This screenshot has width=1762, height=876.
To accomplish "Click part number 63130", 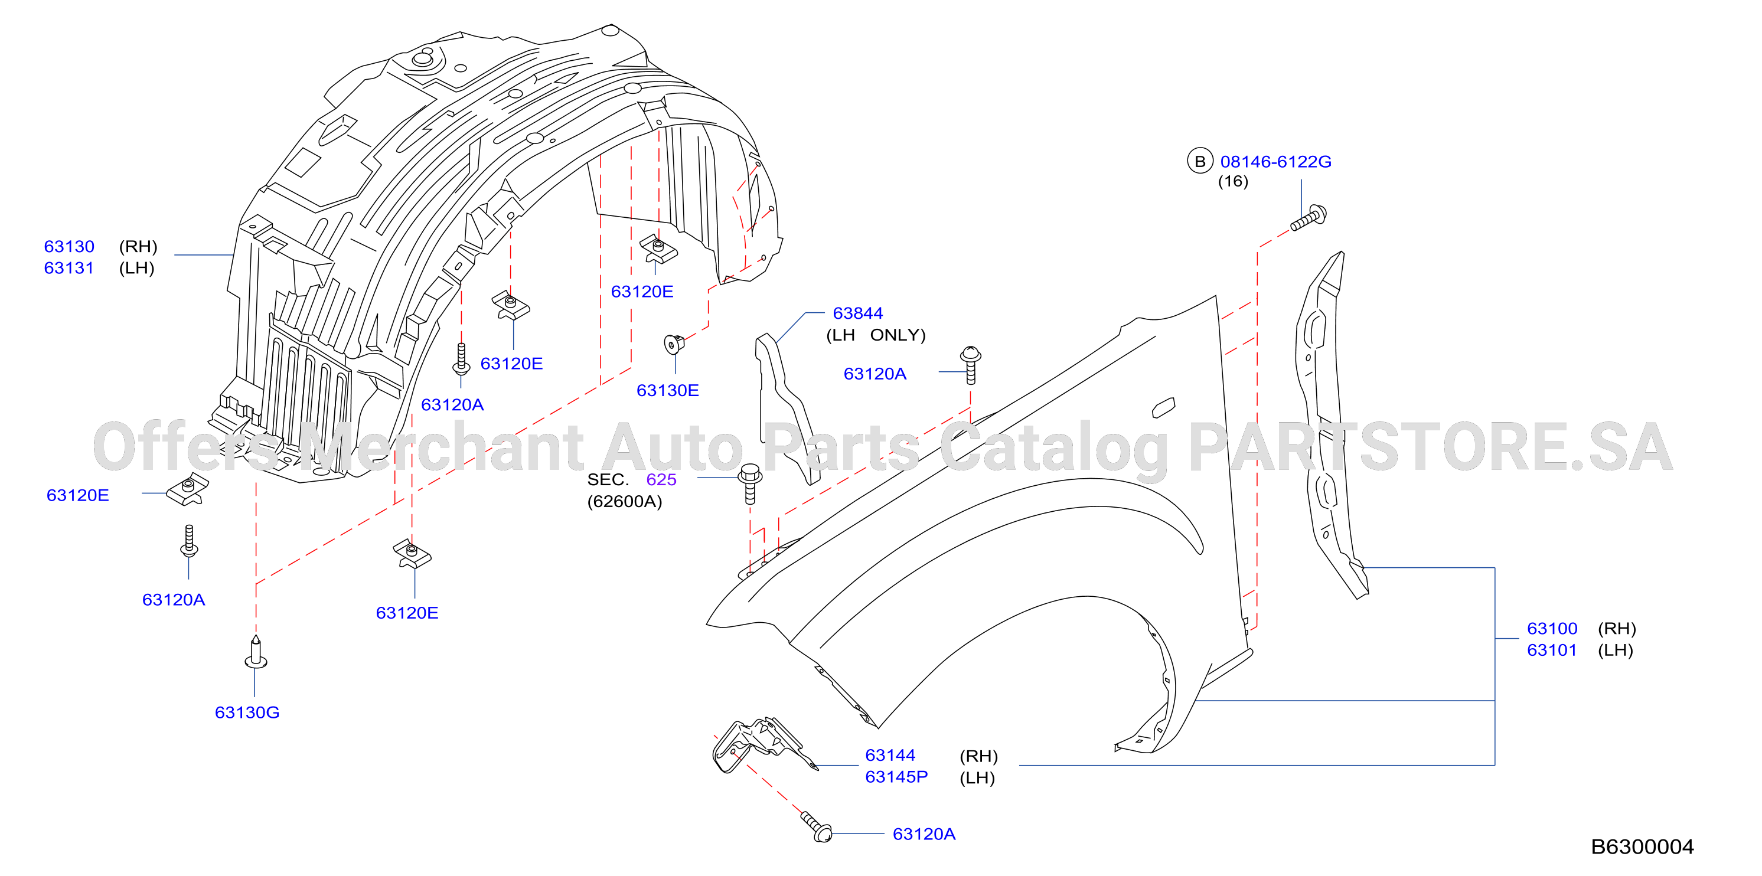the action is click(x=69, y=246).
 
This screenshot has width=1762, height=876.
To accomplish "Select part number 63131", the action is click(x=69, y=268).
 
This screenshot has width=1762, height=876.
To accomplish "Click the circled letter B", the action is click(x=1200, y=161).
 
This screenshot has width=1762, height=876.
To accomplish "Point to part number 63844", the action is click(x=858, y=313).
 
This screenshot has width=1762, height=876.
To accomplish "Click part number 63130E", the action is click(x=668, y=390).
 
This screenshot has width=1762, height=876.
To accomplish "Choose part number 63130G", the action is click(x=247, y=712).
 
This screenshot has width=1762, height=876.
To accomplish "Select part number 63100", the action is click(x=1552, y=629).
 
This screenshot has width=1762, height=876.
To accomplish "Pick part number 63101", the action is click(x=1552, y=651).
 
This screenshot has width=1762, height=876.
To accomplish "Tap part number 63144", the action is click(x=890, y=755).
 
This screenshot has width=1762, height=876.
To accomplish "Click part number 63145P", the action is click(x=896, y=777).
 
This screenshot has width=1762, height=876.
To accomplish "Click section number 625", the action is click(x=661, y=479).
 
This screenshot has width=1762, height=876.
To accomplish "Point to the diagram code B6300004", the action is click(x=1642, y=846).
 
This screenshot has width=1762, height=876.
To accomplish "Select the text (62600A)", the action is click(x=625, y=501).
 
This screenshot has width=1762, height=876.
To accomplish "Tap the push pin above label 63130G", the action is click(x=256, y=652).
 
